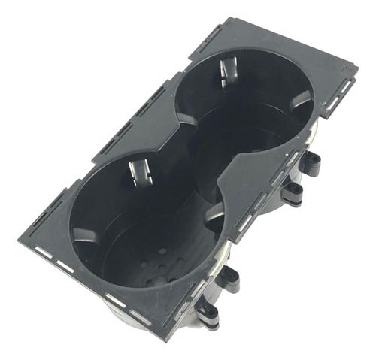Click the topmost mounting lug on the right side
click(310, 162)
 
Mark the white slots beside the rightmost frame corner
click(342, 90)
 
